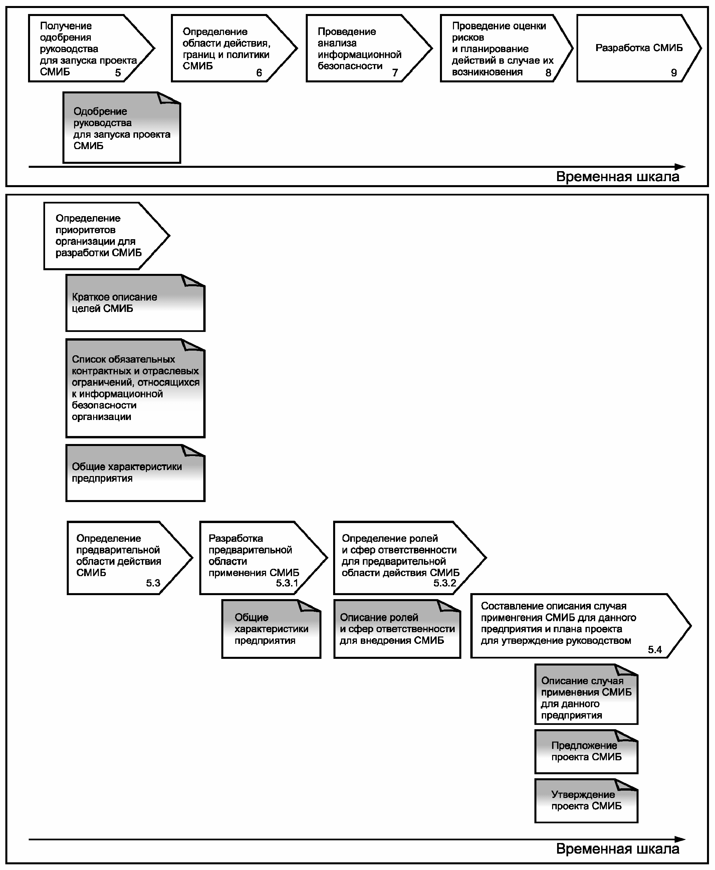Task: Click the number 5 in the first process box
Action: (x=118, y=73)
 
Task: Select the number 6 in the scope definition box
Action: (x=259, y=73)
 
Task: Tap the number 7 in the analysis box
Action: (x=395, y=73)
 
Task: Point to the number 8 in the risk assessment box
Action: (x=548, y=73)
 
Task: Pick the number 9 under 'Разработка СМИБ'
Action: (x=674, y=73)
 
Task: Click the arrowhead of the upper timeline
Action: (x=680, y=167)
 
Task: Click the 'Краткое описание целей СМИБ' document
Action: (x=136, y=303)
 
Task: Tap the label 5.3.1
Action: (x=287, y=583)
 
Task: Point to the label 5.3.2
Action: (x=445, y=583)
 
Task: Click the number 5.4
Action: (x=655, y=649)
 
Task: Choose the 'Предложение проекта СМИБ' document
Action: (x=586, y=752)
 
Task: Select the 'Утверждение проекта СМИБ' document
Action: (x=586, y=801)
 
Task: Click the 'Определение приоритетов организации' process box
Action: (x=106, y=236)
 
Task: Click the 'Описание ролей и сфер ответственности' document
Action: (x=397, y=629)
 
